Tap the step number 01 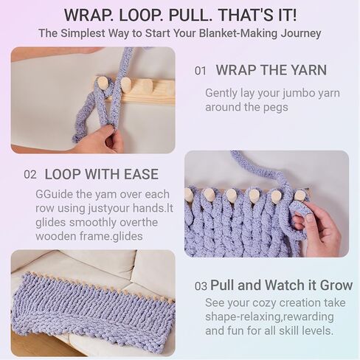pos(201,71)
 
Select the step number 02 pos(30,175)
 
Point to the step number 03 pos(201,286)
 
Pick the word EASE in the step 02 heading pos(141,174)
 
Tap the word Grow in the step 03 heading pos(336,285)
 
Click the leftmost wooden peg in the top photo pos(102,83)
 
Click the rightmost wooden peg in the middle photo pos(300,196)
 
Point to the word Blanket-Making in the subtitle pos(238,33)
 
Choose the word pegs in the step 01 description pos(276,108)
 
